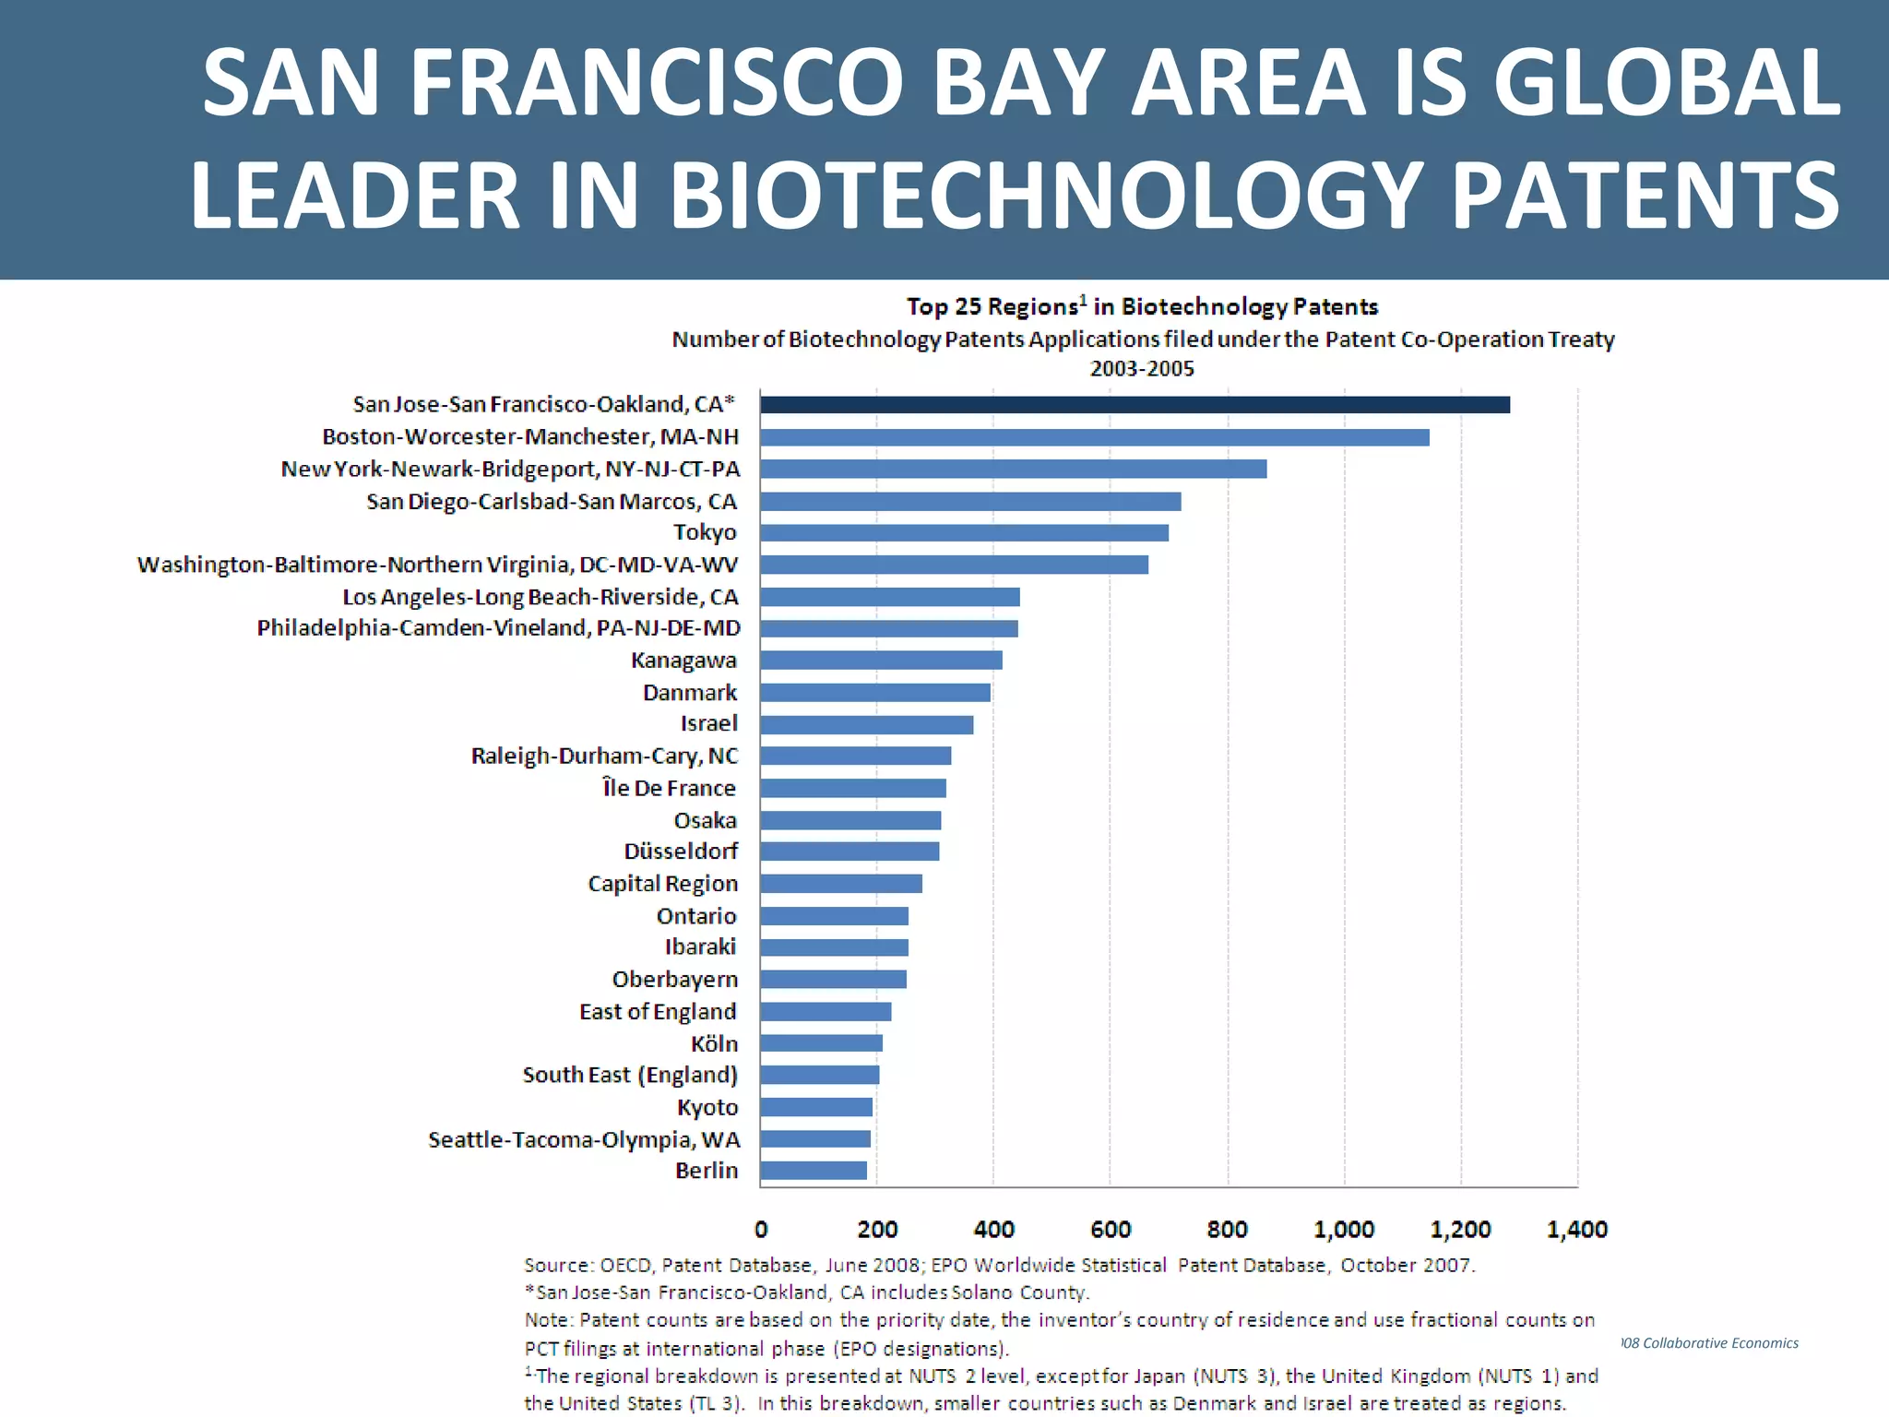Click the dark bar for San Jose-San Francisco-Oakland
pyautogui.click(x=1135, y=405)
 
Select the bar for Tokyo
pyautogui.click(x=964, y=533)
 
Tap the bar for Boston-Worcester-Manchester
pyautogui.click(x=1094, y=437)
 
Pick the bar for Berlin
pyautogui.click(x=814, y=1171)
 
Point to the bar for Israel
pyautogui.click(x=866, y=725)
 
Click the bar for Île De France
pyautogui.click(x=853, y=789)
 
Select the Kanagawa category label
pyautogui.click(x=683, y=661)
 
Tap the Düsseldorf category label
pyautogui.click(x=681, y=851)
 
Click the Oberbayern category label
pyautogui.click(x=675, y=980)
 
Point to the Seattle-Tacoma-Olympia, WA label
pyautogui.click(x=584, y=1140)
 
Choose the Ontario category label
pyautogui.click(x=696, y=916)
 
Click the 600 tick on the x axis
pyautogui.click(x=1111, y=1230)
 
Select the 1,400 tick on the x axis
pyautogui.click(x=1576, y=1230)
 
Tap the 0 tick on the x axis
pyautogui.click(x=761, y=1230)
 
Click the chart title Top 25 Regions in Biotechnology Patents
pyautogui.click(x=1142, y=306)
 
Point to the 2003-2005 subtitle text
pyautogui.click(x=1142, y=369)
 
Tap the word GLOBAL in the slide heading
pyautogui.click(x=1666, y=82)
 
